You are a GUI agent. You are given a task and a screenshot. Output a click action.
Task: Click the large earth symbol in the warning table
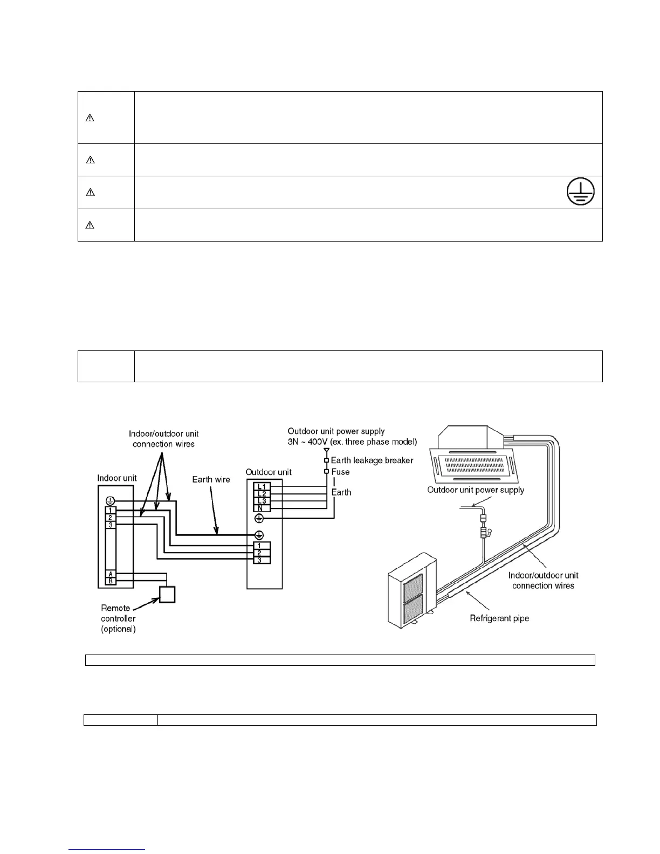click(580, 191)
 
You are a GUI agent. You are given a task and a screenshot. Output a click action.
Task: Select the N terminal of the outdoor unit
click(262, 508)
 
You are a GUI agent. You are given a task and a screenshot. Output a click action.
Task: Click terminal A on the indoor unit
click(111, 574)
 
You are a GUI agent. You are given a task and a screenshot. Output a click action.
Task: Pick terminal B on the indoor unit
click(111, 581)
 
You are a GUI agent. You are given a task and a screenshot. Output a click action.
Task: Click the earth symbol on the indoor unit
click(110, 500)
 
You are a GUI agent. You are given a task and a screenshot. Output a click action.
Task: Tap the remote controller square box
click(167, 594)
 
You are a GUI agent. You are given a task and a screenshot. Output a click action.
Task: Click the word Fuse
click(340, 472)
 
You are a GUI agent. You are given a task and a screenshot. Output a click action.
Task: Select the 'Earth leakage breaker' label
click(372, 460)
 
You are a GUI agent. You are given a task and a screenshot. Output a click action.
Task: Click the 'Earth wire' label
click(211, 479)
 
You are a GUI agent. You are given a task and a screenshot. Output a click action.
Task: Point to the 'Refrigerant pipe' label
click(499, 618)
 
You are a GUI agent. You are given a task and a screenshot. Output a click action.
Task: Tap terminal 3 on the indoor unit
click(110, 525)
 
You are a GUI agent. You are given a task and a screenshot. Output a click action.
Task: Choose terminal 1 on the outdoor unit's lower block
click(262, 546)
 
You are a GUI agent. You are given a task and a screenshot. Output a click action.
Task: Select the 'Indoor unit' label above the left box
click(117, 478)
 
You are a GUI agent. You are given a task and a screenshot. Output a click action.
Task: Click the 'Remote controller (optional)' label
click(119, 618)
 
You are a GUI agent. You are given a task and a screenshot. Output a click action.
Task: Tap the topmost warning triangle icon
click(90, 118)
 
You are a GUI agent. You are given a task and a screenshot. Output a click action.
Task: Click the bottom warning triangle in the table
click(90, 225)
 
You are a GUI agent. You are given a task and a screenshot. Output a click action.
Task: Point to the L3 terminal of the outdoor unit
click(262, 501)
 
